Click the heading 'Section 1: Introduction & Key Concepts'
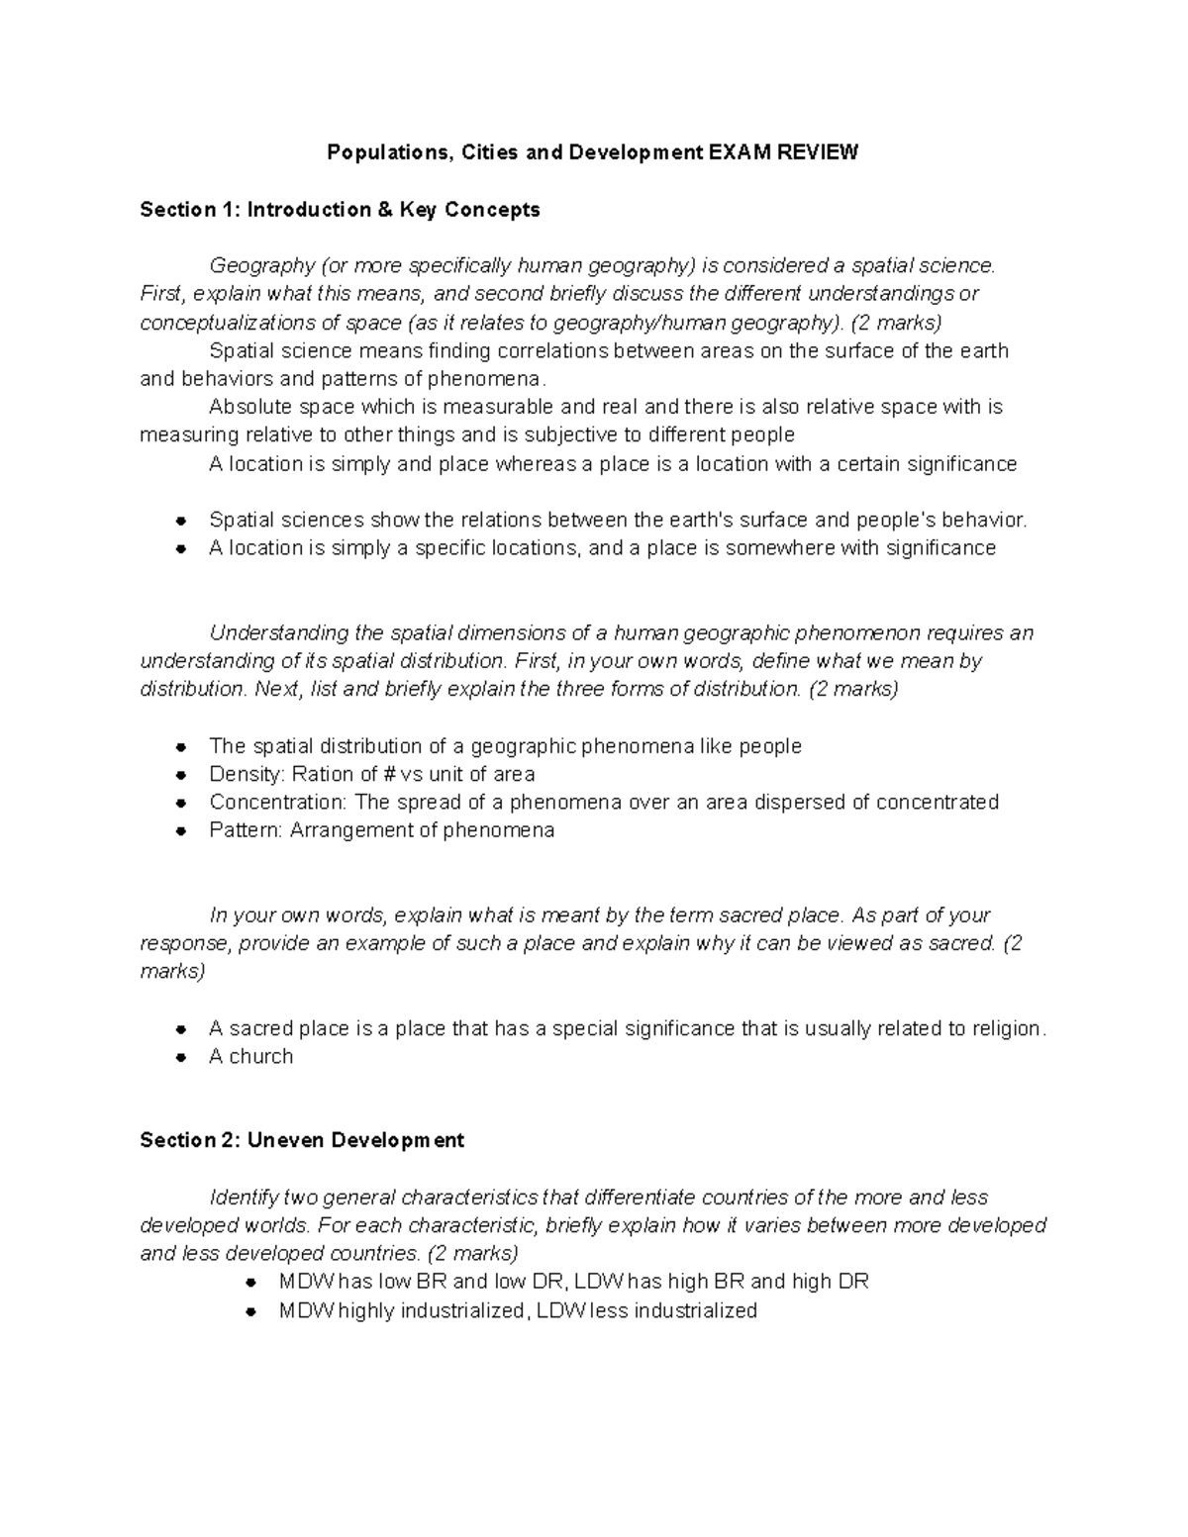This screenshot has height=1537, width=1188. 340,209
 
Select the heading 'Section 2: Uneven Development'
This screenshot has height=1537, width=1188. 302,1140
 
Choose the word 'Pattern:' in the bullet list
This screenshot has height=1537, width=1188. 247,830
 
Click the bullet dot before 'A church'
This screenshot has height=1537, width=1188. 180,1057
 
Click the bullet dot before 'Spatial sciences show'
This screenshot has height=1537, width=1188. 180,521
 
